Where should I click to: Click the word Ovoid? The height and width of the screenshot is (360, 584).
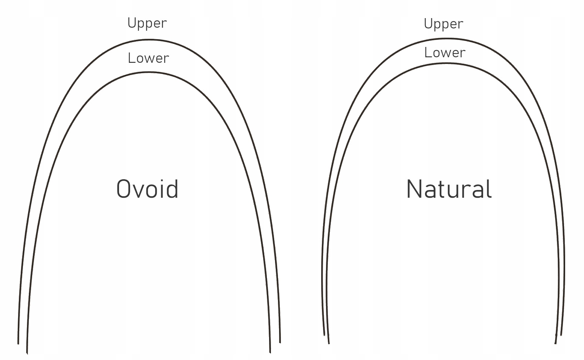147,189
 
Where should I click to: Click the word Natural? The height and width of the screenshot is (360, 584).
449,189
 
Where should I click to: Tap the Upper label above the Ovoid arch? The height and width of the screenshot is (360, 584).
147,23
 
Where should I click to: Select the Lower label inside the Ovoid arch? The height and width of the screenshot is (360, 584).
148,58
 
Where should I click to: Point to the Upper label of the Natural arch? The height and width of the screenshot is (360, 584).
443,24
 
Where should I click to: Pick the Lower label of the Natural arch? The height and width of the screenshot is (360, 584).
445,52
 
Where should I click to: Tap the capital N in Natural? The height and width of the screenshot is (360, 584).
414,189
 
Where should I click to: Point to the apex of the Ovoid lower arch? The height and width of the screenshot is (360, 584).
148,72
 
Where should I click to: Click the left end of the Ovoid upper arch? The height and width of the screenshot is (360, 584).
18,343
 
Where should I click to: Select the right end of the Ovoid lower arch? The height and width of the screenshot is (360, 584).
270,352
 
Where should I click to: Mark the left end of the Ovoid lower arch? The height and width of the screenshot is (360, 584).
27,353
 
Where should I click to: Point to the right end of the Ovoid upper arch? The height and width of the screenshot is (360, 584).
280,342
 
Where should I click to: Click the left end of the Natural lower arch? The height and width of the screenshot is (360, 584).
329,343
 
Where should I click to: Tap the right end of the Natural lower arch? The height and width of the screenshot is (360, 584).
556,343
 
